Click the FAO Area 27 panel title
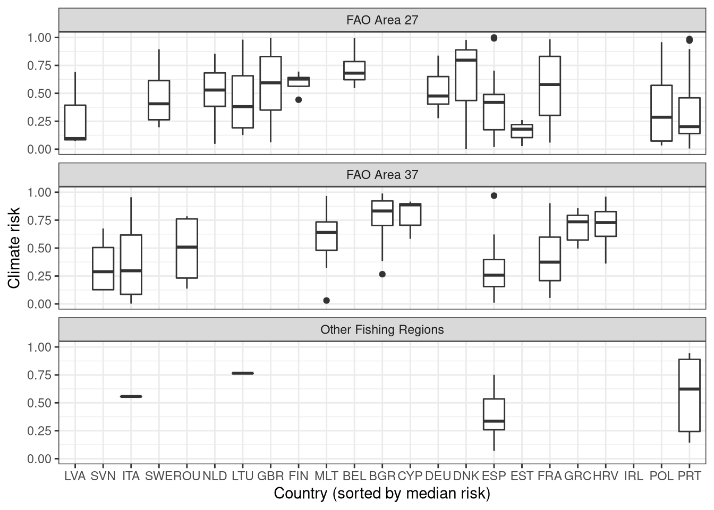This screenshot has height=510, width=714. click(x=382, y=20)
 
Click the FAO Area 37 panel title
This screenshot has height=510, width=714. click(x=382, y=175)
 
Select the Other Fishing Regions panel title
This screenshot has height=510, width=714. click(x=382, y=330)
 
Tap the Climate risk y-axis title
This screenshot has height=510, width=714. click(x=14, y=248)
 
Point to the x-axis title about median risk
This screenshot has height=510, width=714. click(x=382, y=494)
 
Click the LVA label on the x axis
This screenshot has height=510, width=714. click(x=75, y=476)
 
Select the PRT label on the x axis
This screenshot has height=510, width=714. click(x=689, y=476)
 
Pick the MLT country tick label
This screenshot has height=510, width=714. click(x=326, y=476)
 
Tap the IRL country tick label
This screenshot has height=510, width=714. click(x=633, y=476)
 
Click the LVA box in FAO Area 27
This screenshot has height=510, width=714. click(x=75, y=122)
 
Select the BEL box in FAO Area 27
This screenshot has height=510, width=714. click(x=354, y=71)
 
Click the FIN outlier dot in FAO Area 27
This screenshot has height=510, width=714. click(x=299, y=99)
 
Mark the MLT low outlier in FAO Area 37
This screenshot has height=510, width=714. click(x=326, y=301)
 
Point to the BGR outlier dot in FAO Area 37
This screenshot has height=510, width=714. click(x=382, y=274)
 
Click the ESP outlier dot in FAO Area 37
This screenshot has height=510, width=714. click(x=494, y=195)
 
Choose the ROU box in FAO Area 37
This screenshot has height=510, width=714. click(x=187, y=248)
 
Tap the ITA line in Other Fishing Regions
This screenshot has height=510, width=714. click(x=131, y=396)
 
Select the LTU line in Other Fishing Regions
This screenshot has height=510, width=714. click(x=243, y=373)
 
